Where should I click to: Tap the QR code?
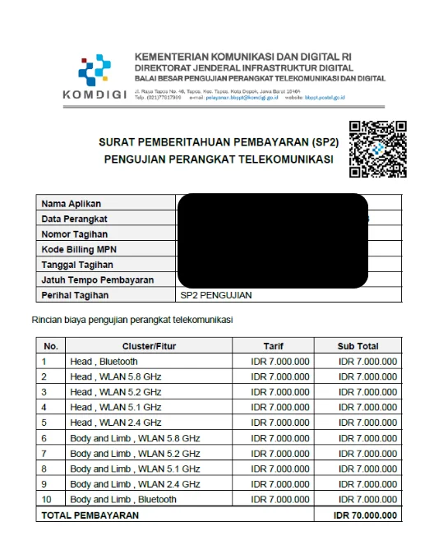377,150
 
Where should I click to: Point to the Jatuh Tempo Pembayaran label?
97,280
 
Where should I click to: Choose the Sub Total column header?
358,346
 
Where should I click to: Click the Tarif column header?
273,346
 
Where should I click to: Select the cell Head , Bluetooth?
104,362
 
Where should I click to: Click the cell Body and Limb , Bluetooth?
123,499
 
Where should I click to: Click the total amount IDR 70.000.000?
364,515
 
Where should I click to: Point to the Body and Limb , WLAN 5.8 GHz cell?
135,438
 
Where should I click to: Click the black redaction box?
271,240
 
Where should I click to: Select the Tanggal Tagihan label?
77,266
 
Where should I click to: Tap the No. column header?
51,346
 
